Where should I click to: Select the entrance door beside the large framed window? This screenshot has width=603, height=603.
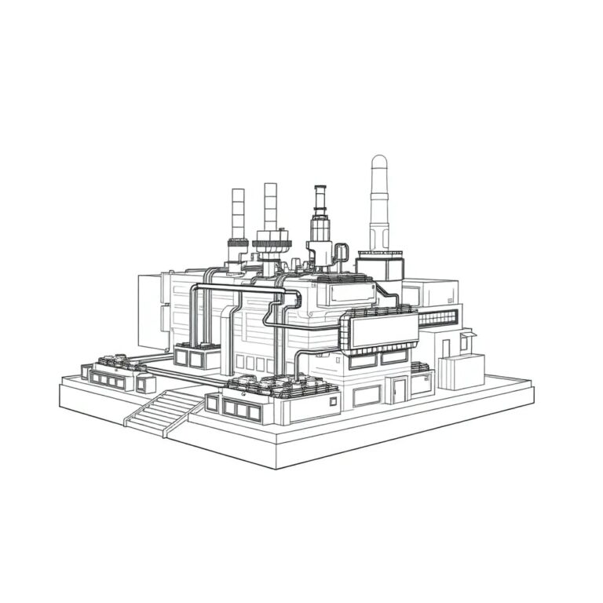400,390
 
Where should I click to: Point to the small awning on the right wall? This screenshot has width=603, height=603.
468,335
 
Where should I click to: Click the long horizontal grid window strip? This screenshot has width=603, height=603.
437,318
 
